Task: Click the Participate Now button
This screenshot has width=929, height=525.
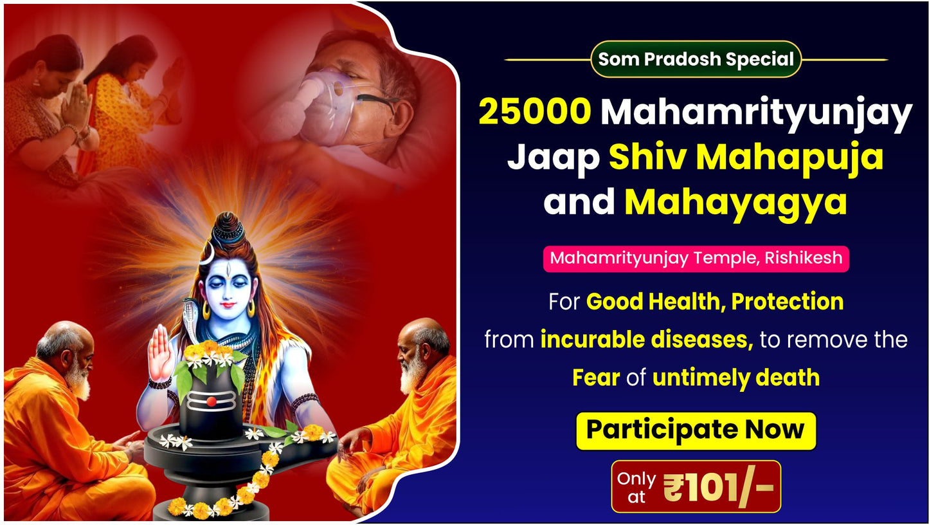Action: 695,430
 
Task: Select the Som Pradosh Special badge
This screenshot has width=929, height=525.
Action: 696,59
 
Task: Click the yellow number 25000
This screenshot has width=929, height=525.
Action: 535,113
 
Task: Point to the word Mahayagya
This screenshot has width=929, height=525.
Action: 735,201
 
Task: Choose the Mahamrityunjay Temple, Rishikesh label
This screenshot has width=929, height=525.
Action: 696,259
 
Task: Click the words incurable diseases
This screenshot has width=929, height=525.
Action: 646,339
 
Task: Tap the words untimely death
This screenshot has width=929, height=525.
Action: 735,377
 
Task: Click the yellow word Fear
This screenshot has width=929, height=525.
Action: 595,377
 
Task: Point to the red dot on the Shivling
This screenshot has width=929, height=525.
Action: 211,401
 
